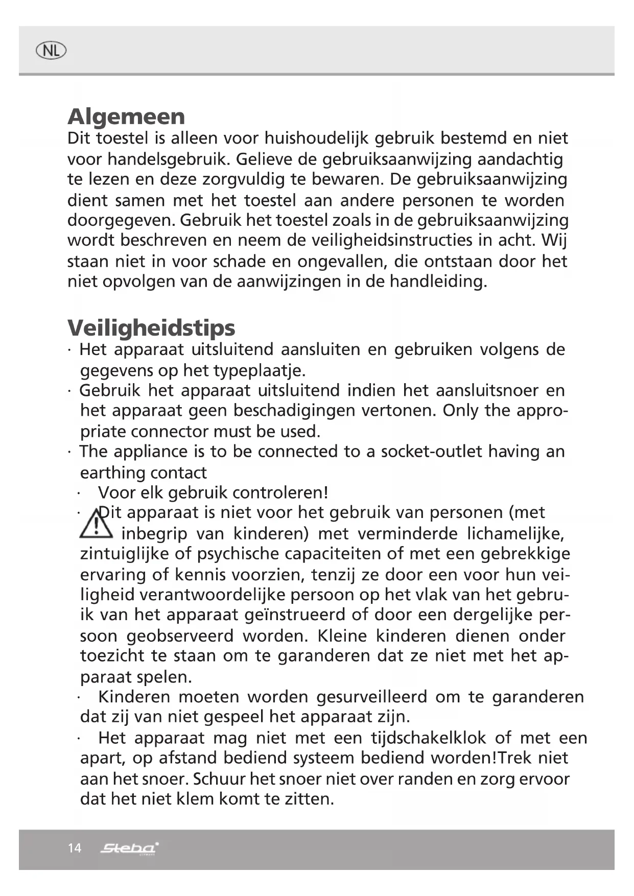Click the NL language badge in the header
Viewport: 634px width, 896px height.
coord(51,51)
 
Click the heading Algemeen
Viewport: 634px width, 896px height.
coord(126,116)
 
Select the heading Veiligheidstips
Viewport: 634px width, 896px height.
coord(151,327)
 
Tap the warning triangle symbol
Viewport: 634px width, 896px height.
coord(96,524)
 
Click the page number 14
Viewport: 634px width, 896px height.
coord(75,848)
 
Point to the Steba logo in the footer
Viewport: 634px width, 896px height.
coord(129,848)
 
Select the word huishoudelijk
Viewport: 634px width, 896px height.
coord(317,138)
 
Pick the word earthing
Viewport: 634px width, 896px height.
coord(111,473)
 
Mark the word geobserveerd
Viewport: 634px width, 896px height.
coord(180,636)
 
